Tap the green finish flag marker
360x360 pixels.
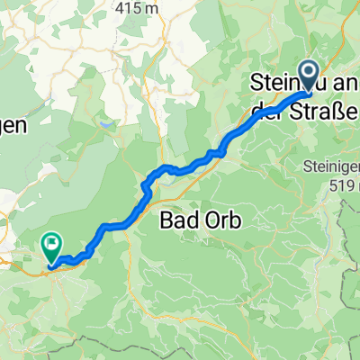pyautogui.click(x=51, y=244)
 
